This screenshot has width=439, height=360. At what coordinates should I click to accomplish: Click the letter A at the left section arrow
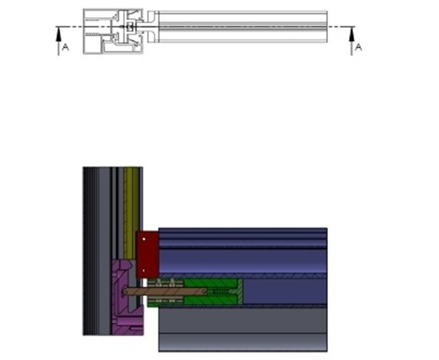point(65,47)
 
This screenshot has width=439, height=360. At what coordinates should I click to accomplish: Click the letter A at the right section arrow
point(358,47)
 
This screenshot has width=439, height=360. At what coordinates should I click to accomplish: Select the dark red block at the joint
point(146,254)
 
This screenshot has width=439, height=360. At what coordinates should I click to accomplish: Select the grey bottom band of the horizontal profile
point(243,331)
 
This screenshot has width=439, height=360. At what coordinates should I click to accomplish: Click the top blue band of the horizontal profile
point(243,235)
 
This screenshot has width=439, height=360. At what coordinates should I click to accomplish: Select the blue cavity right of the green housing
point(285,291)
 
